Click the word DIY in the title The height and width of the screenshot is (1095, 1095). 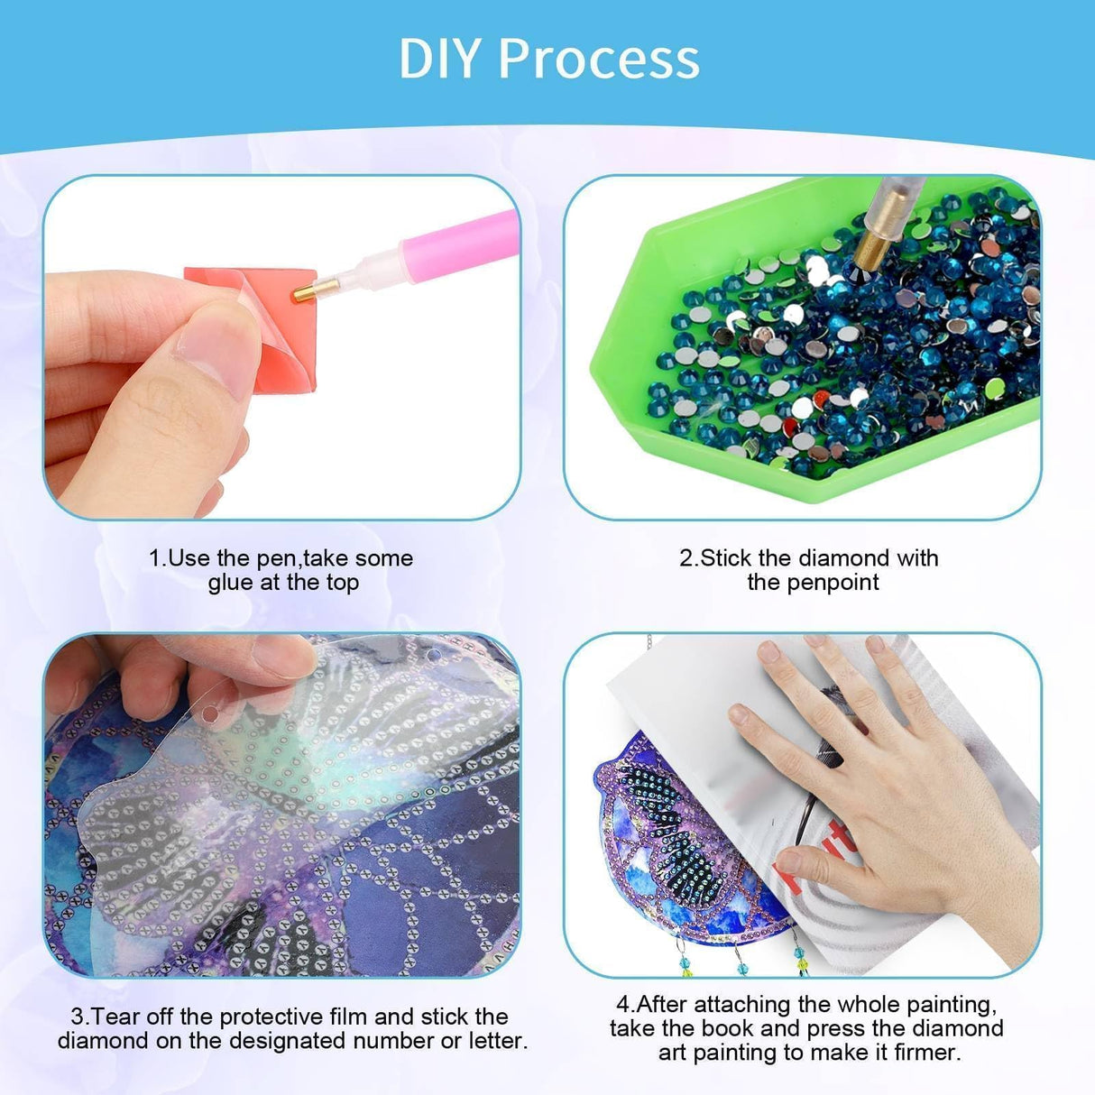tap(442, 59)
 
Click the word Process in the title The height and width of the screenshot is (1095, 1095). tap(598, 59)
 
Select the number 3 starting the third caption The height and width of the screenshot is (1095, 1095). tap(77, 1017)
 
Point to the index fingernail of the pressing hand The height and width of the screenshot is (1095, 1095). tap(741, 717)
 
